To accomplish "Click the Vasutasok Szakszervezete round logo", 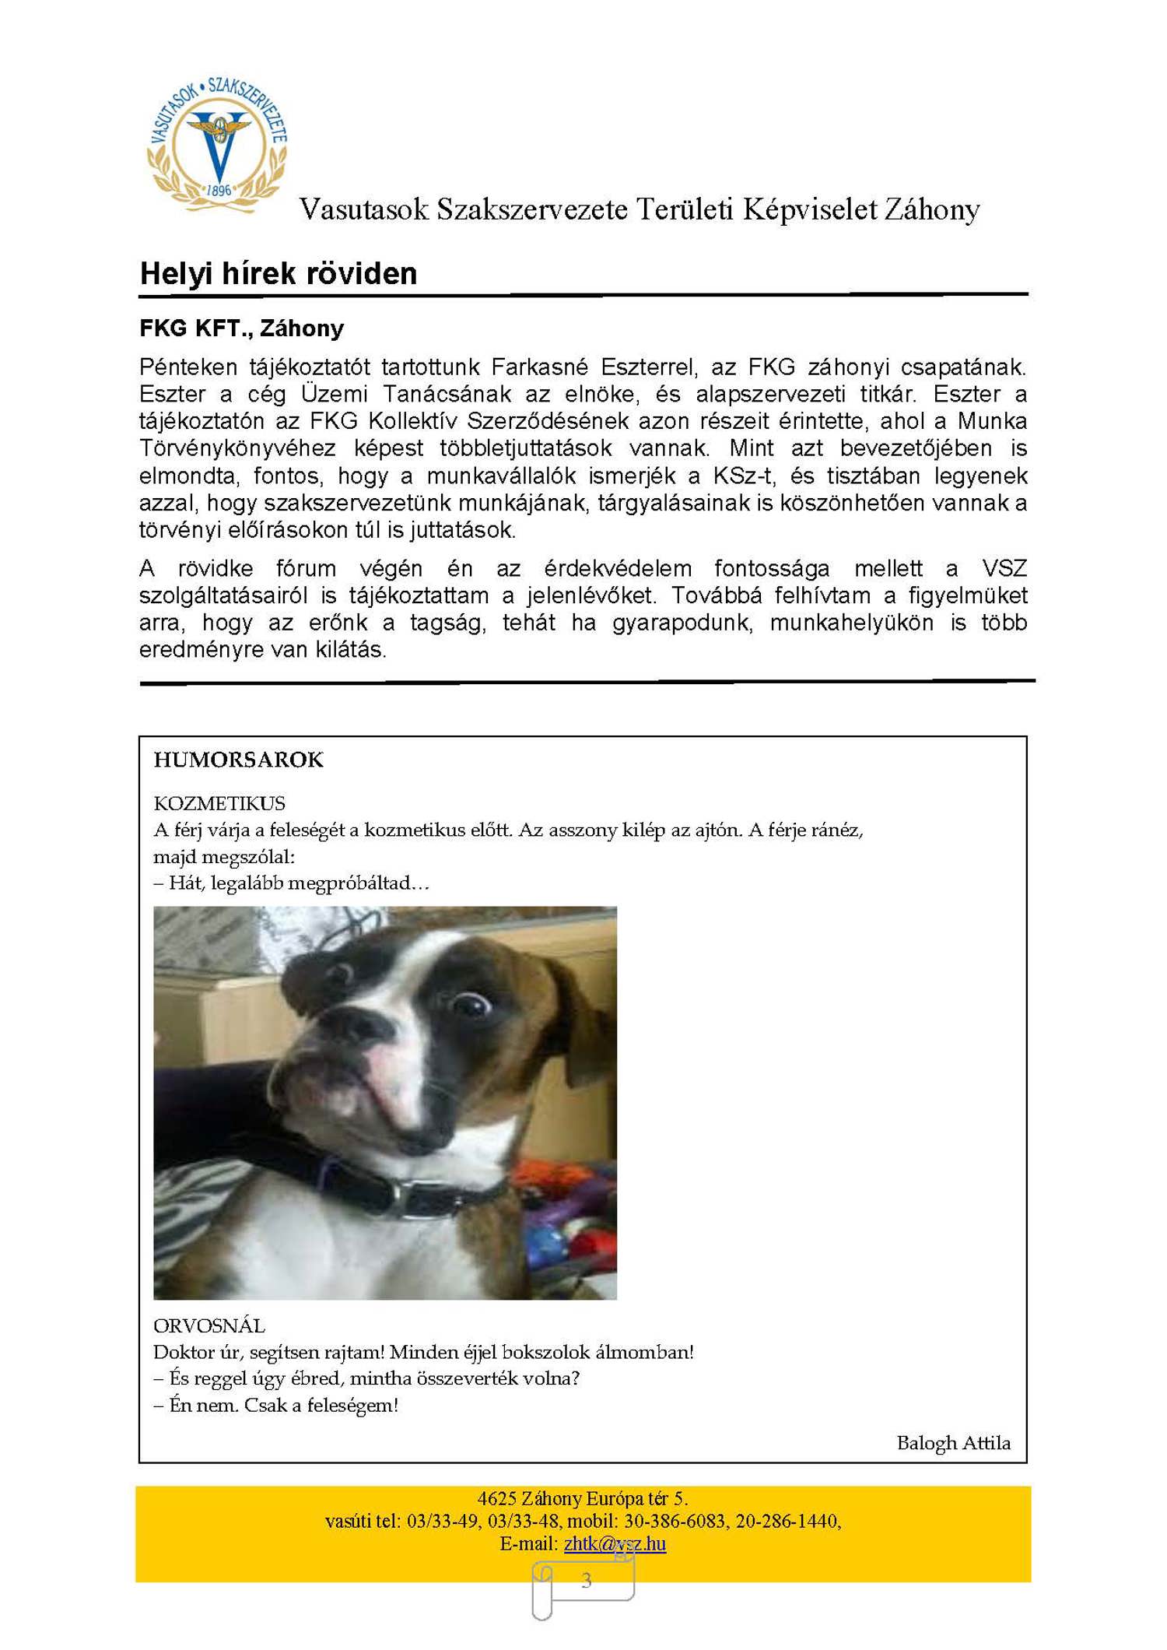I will pos(217,145).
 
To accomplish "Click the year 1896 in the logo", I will pos(219,190).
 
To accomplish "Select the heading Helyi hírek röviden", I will pos(279,274).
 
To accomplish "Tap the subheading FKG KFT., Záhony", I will pos(241,328).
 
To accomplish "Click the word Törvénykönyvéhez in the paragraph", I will pos(237,448).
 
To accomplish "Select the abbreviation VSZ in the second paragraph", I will pos(1004,568).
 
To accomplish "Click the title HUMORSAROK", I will pos(238,760).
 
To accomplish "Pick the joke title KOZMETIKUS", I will pos(219,803).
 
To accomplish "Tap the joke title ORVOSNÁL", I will pos(209,1325).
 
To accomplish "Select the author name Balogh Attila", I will pos(953,1443).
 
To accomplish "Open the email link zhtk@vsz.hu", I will pos(615,1543).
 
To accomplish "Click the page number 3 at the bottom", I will pos(587,1581).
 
